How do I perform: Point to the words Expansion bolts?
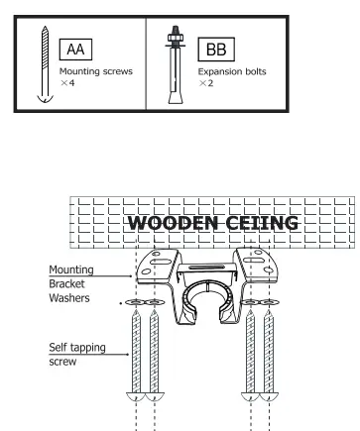pyautogui.click(x=233, y=72)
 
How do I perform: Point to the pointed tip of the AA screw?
pyautogui.click(x=41, y=98)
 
